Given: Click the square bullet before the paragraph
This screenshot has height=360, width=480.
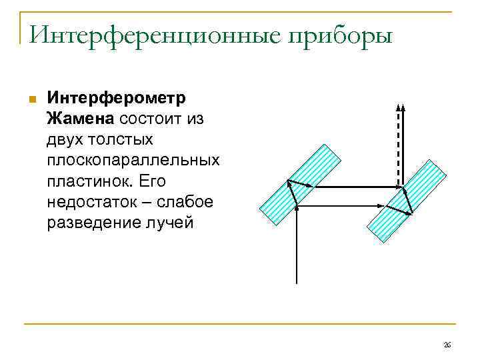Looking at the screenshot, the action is pos(31,99).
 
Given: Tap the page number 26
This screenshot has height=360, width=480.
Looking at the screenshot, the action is pos(447,345).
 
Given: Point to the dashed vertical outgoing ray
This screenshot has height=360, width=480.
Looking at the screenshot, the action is pos(401,147).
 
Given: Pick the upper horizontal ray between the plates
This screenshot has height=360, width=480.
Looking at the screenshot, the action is pos(353,187).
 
